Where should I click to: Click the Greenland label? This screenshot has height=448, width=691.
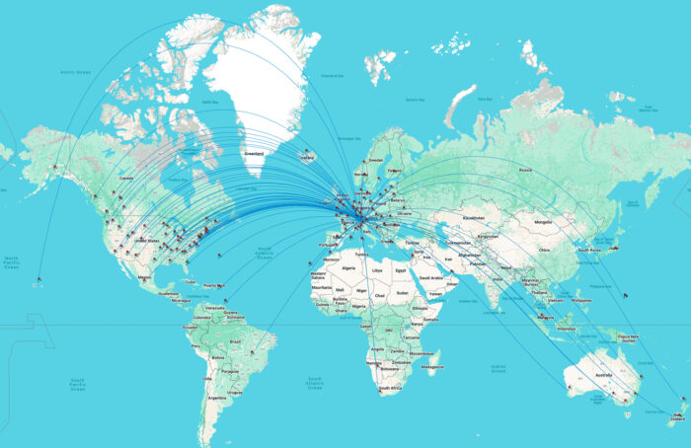pyautogui.click(x=255, y=153)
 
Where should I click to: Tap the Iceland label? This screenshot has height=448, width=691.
pyautogui.click(x=308, y=158)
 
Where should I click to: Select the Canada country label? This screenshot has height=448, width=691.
pyautogui.click(x=125, y=179)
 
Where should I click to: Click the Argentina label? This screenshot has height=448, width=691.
pyautogui.click(x=210, y=397)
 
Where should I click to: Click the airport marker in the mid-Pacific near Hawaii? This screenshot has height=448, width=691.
pyautogui.click(x=39, y=280)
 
